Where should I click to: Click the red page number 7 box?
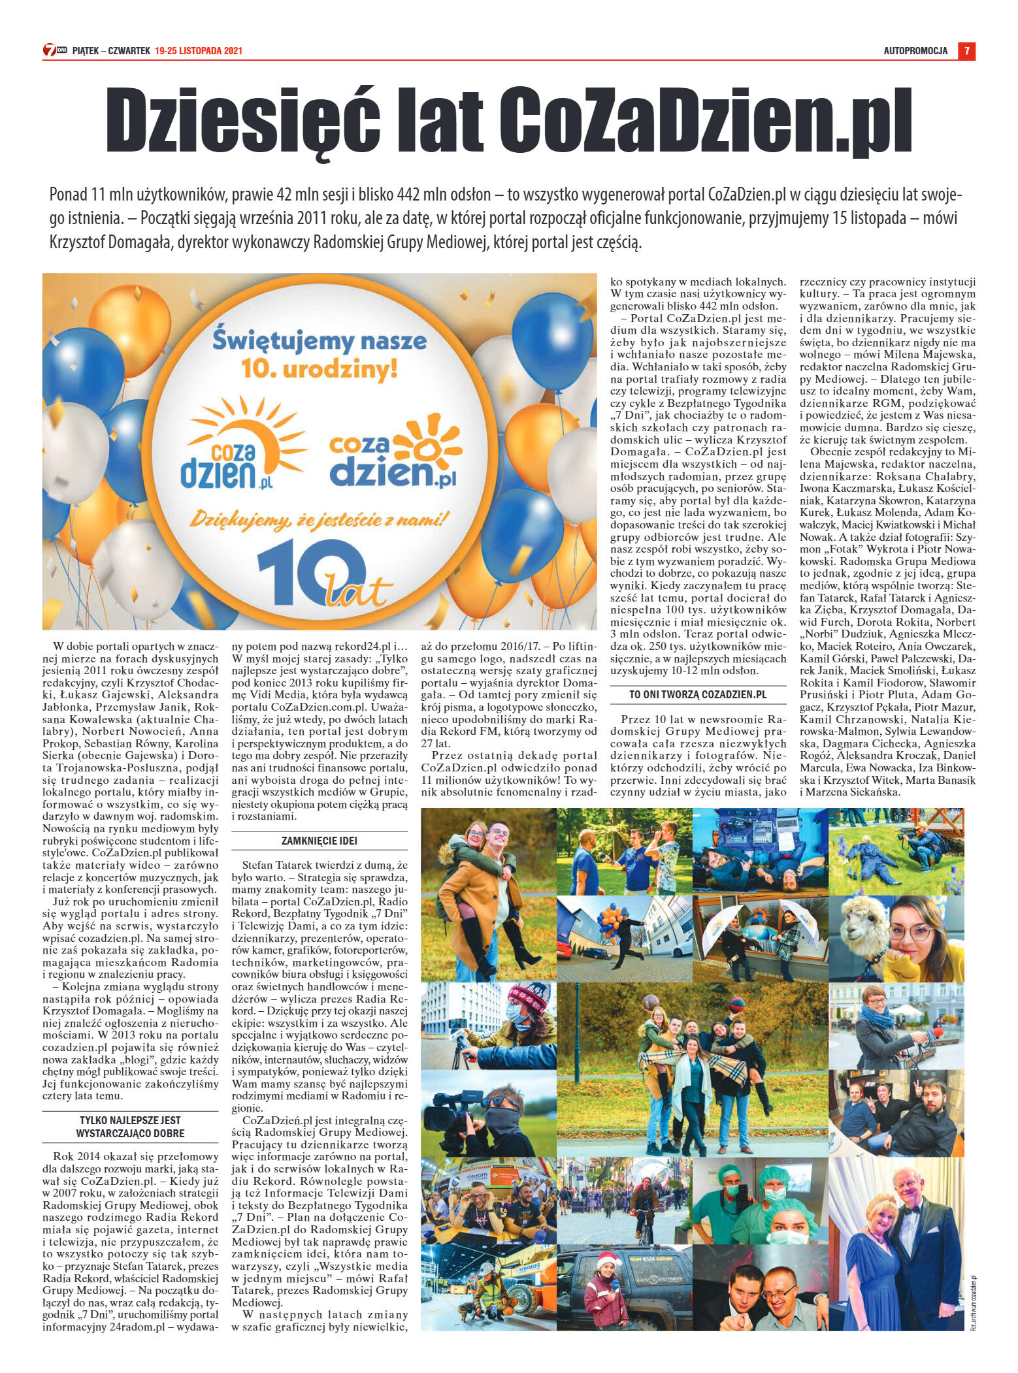966,50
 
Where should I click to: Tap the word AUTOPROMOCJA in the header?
915,51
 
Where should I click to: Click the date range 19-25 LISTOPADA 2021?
199,51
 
